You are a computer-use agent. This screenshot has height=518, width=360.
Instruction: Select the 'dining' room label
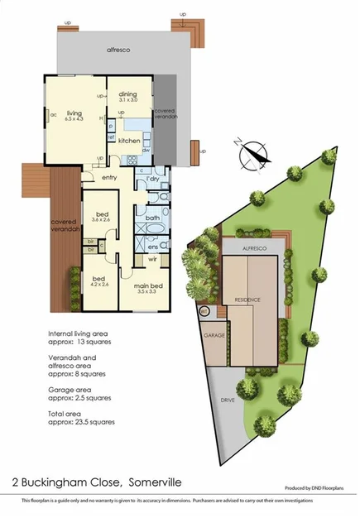pyautogui.click(x=127, y=94)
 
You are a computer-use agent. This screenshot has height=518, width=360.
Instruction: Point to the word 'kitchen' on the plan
pyautogui.click(x=129, y=141)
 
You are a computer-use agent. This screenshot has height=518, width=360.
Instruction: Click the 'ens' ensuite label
pyautogui.click(x=152, y=246)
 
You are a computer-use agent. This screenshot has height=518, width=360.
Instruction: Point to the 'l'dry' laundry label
pyautogui.click(x=152, y=180)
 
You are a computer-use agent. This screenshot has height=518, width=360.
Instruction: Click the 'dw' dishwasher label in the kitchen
pyautogui.click(x=145, y=150)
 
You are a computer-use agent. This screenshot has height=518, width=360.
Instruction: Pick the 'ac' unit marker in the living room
pyautogui.click(x=52, y=114)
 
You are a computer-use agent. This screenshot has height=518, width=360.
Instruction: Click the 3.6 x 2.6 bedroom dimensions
pyautogui.click(x=100, y=219)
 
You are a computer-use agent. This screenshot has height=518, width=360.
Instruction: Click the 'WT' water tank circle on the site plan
pyautogui.click(x=204, y=311)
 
